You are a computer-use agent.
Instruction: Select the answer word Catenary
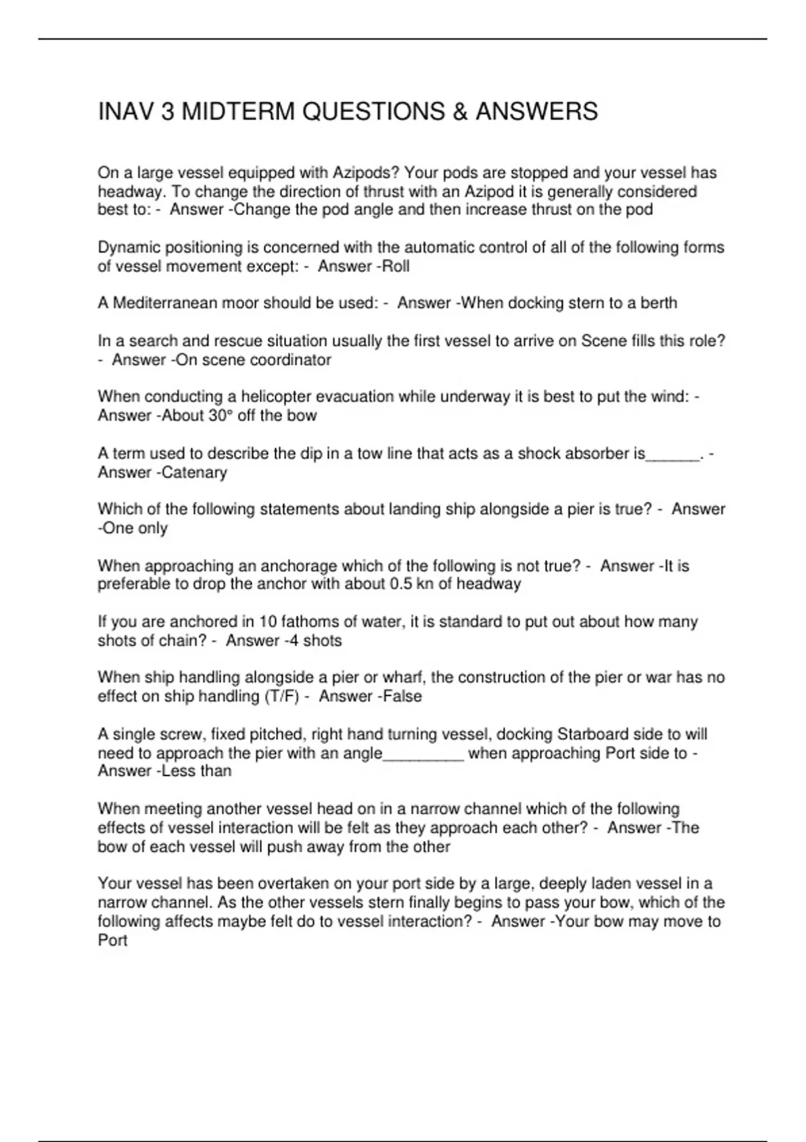(195, 472)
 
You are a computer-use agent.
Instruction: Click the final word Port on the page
(113, 940)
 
